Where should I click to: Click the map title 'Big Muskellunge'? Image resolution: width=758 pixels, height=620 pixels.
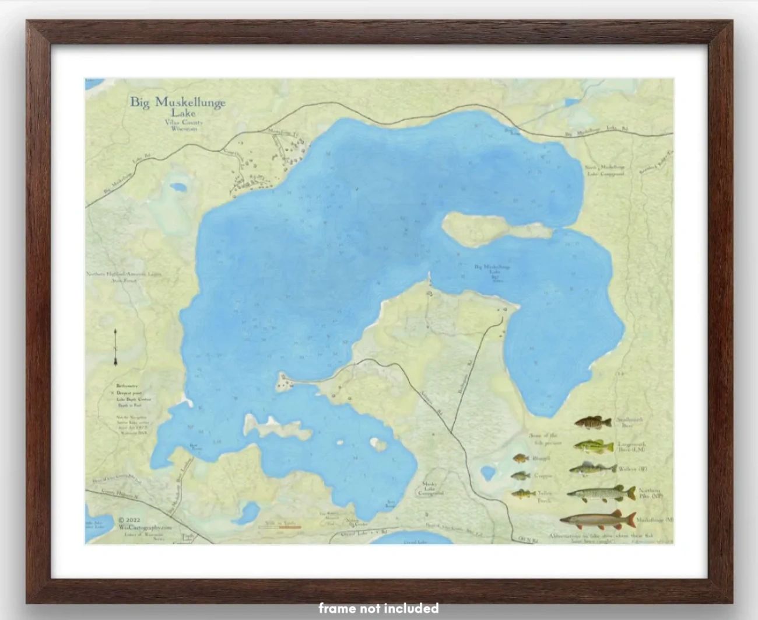(177, 103)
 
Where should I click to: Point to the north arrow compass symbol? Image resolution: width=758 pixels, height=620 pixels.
(116, 347)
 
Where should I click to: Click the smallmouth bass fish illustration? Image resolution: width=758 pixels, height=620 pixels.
(593, 422)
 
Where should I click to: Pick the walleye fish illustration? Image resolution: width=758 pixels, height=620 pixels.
(592, 468)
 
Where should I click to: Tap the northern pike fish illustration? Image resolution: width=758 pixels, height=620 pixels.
(600, 494)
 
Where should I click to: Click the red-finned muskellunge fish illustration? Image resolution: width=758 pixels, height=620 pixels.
(598, 518)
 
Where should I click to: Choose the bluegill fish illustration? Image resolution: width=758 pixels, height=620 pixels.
(521, 458)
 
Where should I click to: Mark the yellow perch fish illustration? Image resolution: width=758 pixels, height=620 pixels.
(522, 494)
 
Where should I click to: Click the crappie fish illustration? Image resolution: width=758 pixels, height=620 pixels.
(520, 476)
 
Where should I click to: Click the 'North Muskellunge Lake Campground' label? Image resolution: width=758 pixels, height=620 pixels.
(605, 170)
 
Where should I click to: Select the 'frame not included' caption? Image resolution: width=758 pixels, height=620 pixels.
(378, 608)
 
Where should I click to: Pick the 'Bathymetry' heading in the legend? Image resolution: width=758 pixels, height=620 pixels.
(127, 386)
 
